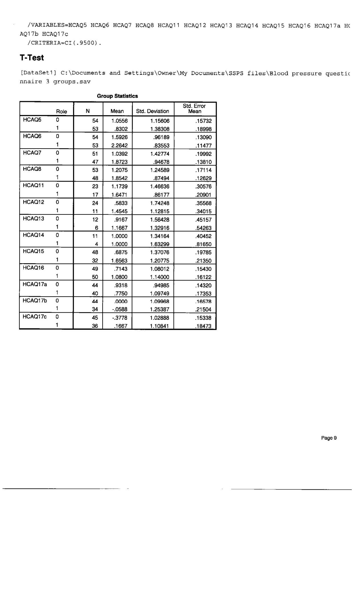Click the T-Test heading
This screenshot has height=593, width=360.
[x=32, y=58]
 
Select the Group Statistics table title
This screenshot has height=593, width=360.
[x=117, y=96]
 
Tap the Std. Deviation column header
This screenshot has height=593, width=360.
[x=153, y=111]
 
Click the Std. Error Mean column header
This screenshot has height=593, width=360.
[x=194, y=108]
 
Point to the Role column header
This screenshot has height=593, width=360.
[x=61, y=112]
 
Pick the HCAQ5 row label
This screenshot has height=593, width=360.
[x=32, y=120]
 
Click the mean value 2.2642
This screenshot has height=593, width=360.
[x=119, y=146]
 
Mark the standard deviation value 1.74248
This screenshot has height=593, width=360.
[x=160, y=203]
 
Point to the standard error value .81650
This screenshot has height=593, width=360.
[x=203, y=244]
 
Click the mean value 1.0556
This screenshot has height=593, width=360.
[x=119, y=121]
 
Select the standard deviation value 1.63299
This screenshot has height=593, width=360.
[x=160, y=244]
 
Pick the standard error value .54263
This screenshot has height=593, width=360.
[x=203, y=228]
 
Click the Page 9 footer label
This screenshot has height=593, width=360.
[x=329, y=438]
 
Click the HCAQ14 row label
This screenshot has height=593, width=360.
[x=33, y=235]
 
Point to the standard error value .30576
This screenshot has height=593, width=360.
[x=203, y=187]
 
